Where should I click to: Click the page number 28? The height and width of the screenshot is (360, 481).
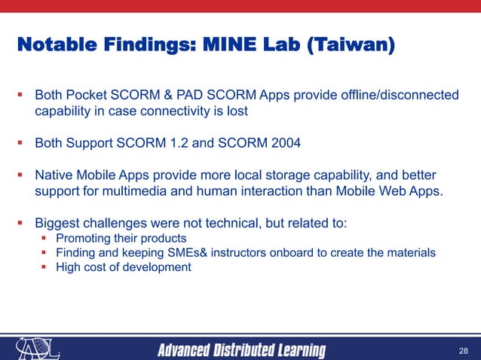pyautogui.click(x=463, y=351)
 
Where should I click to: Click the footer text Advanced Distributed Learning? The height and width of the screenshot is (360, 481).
pyautogui.click(x=241, y=351)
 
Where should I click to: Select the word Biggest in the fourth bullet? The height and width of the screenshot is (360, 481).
pyautogui.click(x=59, y=224)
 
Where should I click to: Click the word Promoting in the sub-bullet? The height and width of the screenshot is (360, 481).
pyautogui.click(x=84, y=239)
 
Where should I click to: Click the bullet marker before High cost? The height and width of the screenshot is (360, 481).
pyautogui.click(x=45, y=267)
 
